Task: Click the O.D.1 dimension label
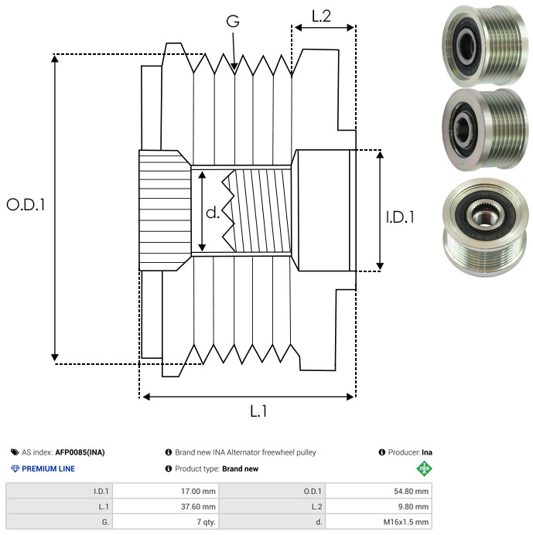26,206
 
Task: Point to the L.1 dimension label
258,411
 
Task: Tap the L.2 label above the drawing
321,15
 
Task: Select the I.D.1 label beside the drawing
400,217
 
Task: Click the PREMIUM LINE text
48,469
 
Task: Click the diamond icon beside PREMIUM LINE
15,469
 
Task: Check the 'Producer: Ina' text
409,452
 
